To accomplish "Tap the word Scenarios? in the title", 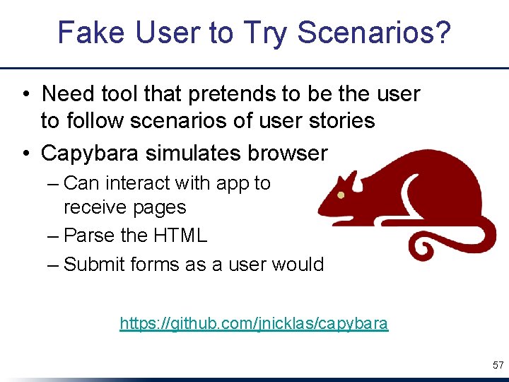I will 374,33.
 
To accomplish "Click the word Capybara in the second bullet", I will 93,153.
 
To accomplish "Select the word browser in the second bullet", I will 290,153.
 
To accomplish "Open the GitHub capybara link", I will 254,324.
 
